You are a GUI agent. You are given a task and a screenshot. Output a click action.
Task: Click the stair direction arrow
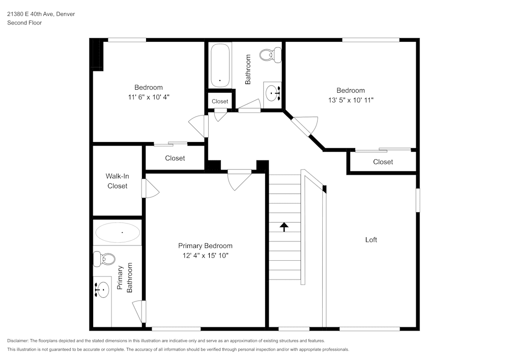click(284, 227)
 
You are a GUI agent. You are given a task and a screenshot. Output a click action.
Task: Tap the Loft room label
click(371, 240)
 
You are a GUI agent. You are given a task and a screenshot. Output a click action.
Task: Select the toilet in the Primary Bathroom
click(105, 259)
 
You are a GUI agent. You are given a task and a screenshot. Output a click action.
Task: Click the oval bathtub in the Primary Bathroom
click(118, 233)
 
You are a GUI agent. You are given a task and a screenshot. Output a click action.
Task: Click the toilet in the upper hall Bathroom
click(271, 54)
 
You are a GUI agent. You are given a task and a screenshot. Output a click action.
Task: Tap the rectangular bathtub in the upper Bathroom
click(220, 65)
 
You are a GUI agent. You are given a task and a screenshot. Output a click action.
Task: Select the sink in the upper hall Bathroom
click(273, 93)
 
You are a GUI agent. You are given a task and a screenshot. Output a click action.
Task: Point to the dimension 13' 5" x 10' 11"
click(351, 101)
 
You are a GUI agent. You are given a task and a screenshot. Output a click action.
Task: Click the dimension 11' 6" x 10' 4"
click(149, 97)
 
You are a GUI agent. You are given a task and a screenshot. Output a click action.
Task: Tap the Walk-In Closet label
click(117, 181)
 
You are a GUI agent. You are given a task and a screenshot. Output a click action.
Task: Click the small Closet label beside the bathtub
click(220, 101)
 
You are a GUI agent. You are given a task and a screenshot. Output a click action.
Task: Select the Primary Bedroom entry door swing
click(239, 180)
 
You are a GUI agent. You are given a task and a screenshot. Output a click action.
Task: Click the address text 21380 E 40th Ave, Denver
click(41, 14)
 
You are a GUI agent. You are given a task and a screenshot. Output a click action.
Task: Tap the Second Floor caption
click(24, 23)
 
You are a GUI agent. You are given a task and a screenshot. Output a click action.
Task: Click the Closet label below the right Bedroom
click(383, 162)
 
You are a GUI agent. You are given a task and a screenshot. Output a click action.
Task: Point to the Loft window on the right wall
click(417, 200)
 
